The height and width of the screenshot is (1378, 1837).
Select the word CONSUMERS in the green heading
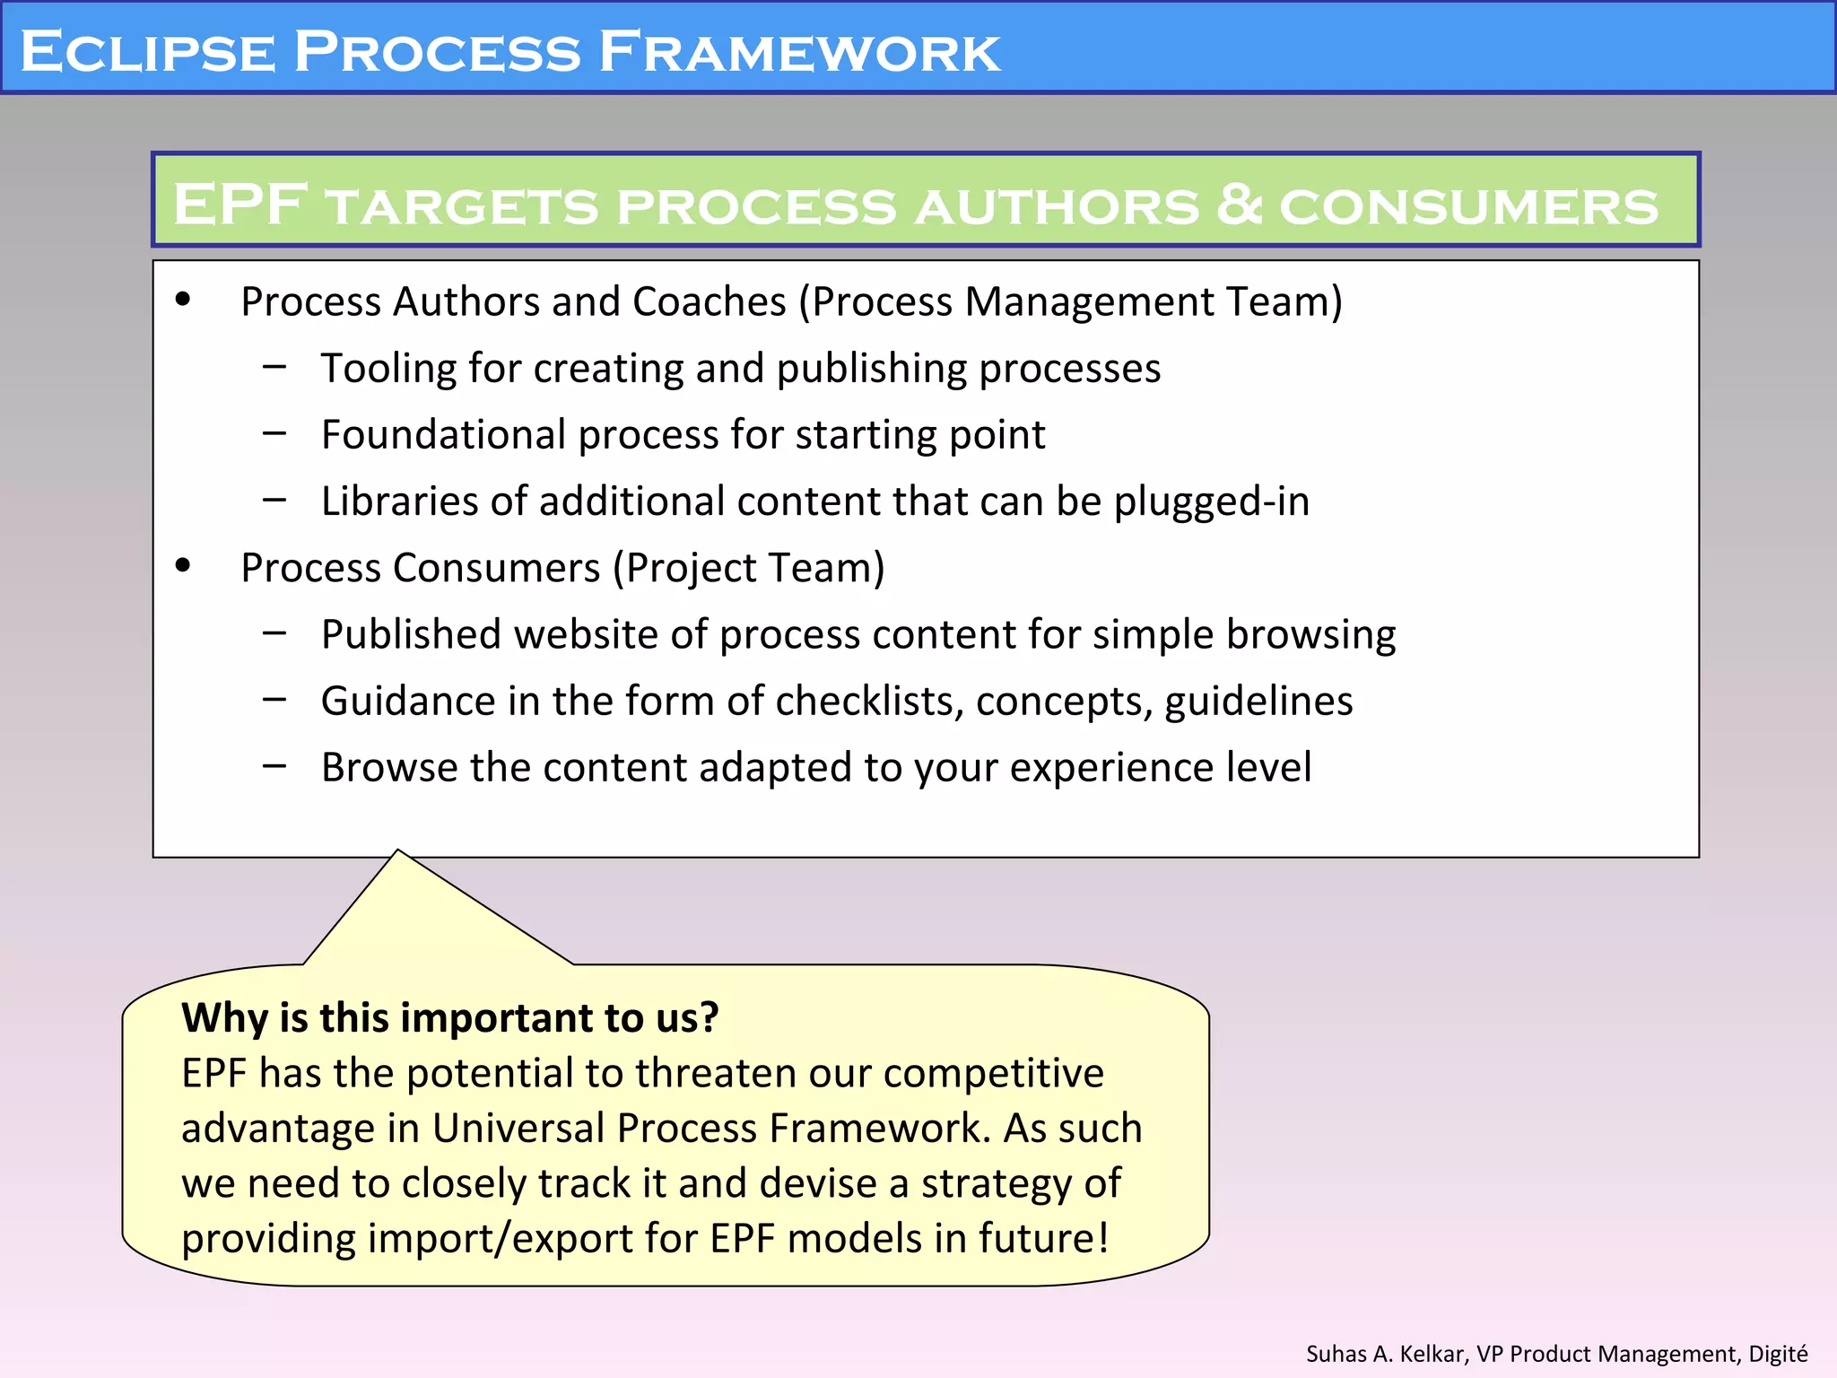(x=1468, y=206)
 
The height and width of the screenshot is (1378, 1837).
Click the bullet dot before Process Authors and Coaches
(x=184, y=300)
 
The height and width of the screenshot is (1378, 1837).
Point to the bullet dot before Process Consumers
(x=184, y=565)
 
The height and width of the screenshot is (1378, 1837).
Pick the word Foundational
(x=444, y=435)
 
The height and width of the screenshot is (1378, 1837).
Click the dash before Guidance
(x=274, y=700)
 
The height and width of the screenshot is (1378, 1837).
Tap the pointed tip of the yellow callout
(x=398, y=851)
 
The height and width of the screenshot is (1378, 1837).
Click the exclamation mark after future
(x=1102, y=1238)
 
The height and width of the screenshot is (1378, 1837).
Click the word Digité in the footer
(x=1778, y=1354)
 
